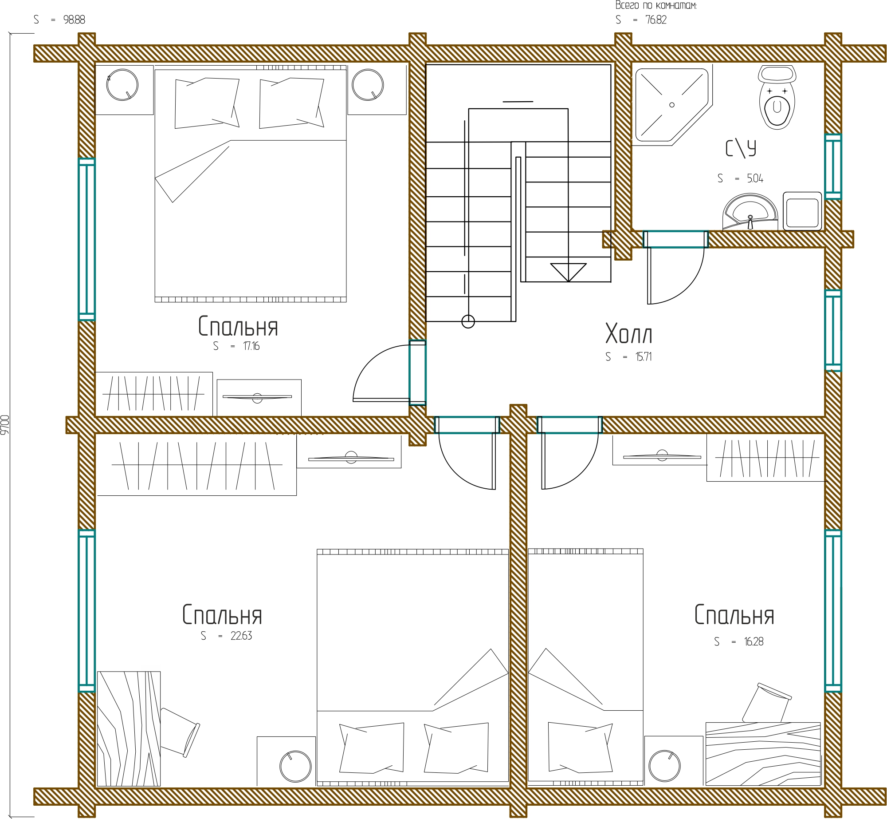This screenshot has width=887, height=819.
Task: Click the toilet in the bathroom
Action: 777,98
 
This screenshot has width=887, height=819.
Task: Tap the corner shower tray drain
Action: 672,105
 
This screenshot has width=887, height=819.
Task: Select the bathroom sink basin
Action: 750,212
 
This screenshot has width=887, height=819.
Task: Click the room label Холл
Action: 629,334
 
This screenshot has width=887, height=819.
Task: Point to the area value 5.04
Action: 755,178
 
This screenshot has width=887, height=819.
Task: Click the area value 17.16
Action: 251,346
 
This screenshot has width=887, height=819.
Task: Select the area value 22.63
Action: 241,636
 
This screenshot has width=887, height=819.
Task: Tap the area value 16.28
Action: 754,641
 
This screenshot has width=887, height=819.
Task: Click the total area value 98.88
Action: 74,20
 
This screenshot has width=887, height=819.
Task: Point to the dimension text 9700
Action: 5,425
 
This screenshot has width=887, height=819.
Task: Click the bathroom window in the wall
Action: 833,167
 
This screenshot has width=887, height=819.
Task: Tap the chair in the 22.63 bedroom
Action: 180,732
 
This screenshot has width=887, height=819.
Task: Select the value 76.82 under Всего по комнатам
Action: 656,20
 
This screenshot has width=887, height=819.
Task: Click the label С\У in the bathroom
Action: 741,148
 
